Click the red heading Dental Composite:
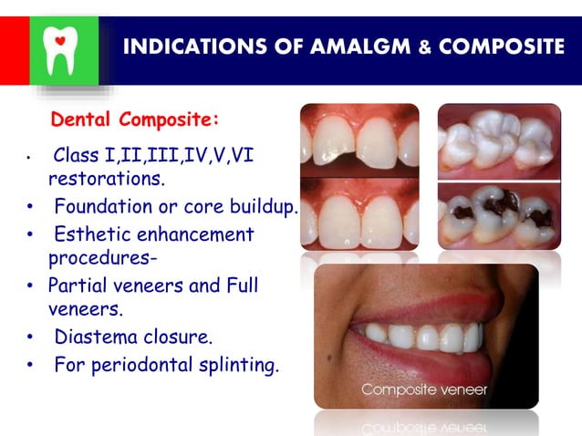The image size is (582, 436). click(135, 119)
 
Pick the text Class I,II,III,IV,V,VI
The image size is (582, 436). click(153, 155)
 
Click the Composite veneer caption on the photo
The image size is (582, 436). click(424, 389)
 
